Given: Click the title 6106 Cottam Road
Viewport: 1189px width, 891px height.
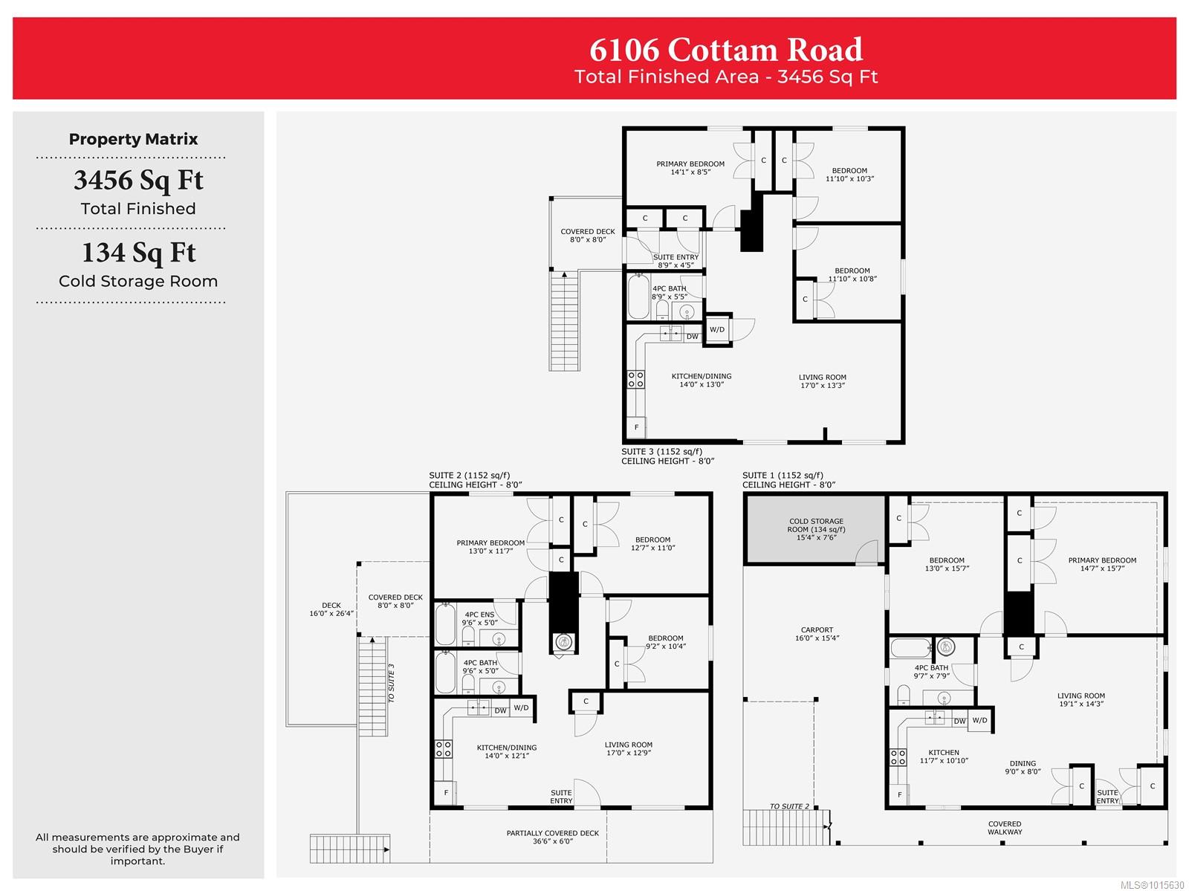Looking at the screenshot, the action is [x=725, y=50].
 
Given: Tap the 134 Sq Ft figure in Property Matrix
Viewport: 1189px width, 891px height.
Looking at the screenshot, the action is [x=138, y=253].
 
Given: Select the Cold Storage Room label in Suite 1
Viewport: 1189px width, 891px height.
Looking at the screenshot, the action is [x=816, y=528].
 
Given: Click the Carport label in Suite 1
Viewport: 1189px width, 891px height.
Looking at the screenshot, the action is [x=817, y=634].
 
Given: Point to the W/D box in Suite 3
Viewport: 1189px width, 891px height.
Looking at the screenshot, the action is [x=717, y=328].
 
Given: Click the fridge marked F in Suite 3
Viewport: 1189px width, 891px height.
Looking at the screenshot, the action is [x=636, y=427].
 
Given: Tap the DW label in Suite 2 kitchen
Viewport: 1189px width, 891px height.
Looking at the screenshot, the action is [x=500, y=710].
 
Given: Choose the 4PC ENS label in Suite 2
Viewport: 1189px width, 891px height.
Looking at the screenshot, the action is [x=479, y=618].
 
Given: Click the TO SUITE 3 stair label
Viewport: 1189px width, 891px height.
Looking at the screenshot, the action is [x=391, y=682].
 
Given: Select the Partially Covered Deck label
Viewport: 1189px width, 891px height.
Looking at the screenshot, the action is [x=553, y=837].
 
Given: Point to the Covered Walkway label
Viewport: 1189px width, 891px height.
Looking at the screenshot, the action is [x=1004, y=828].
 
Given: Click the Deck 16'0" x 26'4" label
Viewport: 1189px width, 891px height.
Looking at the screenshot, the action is [x=331, y=609].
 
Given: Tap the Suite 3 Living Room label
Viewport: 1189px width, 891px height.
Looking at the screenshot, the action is [x=822, y=380].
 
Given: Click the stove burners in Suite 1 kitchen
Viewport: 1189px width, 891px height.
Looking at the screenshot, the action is [x=898, y=757].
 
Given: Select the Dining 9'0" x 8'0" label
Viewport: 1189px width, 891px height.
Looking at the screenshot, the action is [x=1022, y=767].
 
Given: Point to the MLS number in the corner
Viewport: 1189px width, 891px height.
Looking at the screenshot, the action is [x=1152, y=885].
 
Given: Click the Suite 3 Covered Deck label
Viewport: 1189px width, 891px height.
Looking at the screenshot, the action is [x=587, y=235].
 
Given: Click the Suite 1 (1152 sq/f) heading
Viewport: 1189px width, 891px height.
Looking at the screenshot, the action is [x=783, y=475].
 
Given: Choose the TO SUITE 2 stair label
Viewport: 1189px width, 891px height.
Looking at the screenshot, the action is [x=789, y=806].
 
